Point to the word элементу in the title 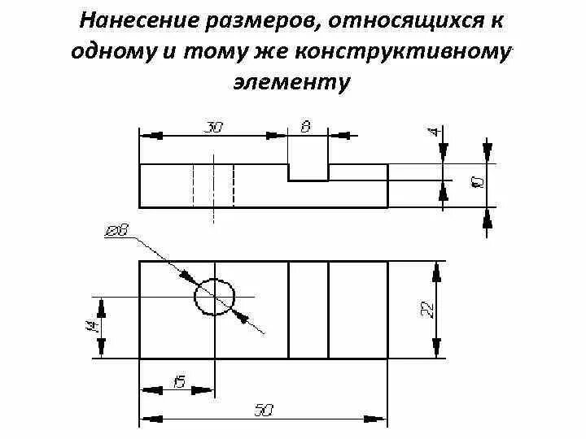point(293,81)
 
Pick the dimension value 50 point(262,411)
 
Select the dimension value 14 point(91,327)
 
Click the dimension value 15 point(178,380)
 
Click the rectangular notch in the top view point(308,172)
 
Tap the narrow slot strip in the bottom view point(308,310)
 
